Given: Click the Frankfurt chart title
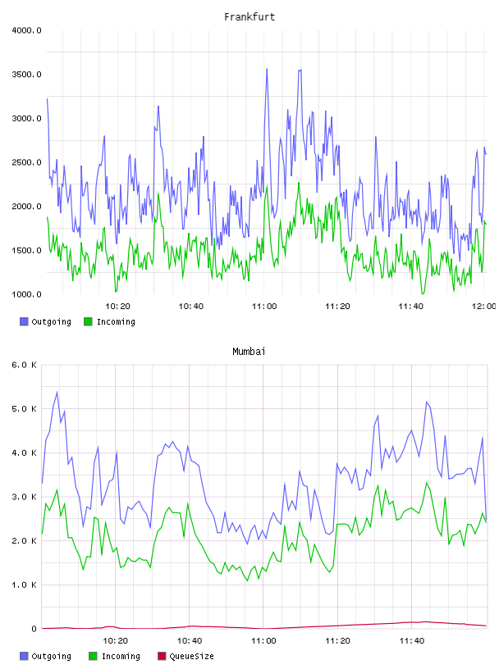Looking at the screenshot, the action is coord(249,17).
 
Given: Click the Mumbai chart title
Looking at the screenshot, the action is coord(249,352).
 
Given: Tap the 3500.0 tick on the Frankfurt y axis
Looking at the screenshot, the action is coord(26,75).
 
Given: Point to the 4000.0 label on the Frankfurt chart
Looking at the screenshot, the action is coord(26,30).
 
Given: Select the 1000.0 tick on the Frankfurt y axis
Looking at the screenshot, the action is coord(26,294).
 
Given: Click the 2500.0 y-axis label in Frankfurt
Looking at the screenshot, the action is coord(26,162).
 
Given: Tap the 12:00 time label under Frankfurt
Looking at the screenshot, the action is coord(483,306).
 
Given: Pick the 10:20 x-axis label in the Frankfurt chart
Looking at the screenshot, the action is coord(117,306).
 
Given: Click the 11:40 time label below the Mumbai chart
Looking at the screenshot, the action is coord(411,640).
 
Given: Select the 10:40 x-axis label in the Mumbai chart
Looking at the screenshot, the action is coord(190,640).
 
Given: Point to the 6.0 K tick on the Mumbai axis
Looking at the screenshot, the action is coord(25,365).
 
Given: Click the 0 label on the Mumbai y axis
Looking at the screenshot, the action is coord(34,629).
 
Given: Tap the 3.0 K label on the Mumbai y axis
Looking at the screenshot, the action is coord(25,497).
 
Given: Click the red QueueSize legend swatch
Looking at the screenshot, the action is coord(162,656).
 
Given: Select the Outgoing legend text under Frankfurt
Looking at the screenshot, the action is coord(51,321).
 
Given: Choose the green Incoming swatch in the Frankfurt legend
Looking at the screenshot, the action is coord(88,321).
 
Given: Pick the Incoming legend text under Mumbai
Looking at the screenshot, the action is coord(121,656).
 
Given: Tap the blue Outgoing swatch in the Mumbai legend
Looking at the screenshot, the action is coord(24,656).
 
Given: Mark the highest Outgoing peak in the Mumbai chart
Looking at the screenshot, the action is coord(57,392).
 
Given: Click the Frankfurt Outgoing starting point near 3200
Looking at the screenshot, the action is coord(47,99).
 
